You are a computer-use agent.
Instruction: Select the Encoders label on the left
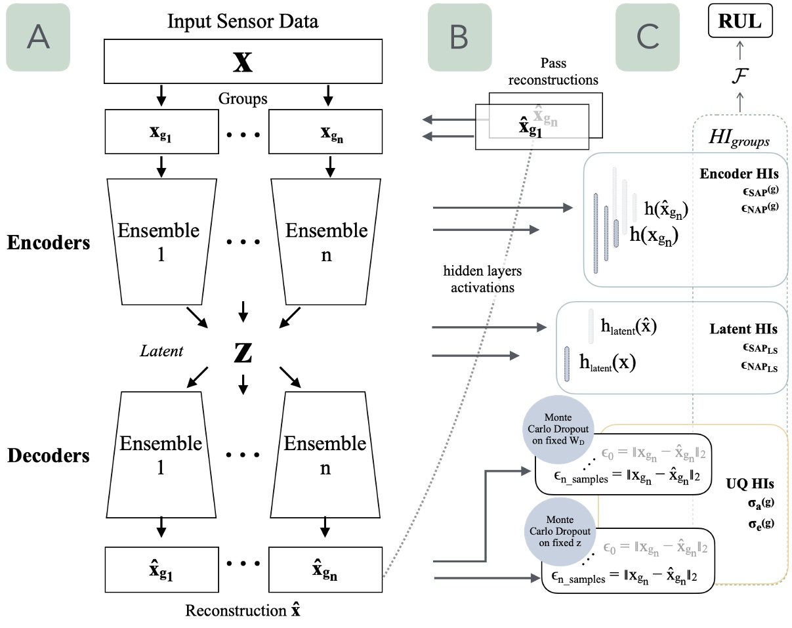point(49,242)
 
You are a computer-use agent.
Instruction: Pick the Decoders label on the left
point(49,455)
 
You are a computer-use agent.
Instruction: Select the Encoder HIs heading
point(739,175)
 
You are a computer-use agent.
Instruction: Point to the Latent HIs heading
point(743,329)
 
